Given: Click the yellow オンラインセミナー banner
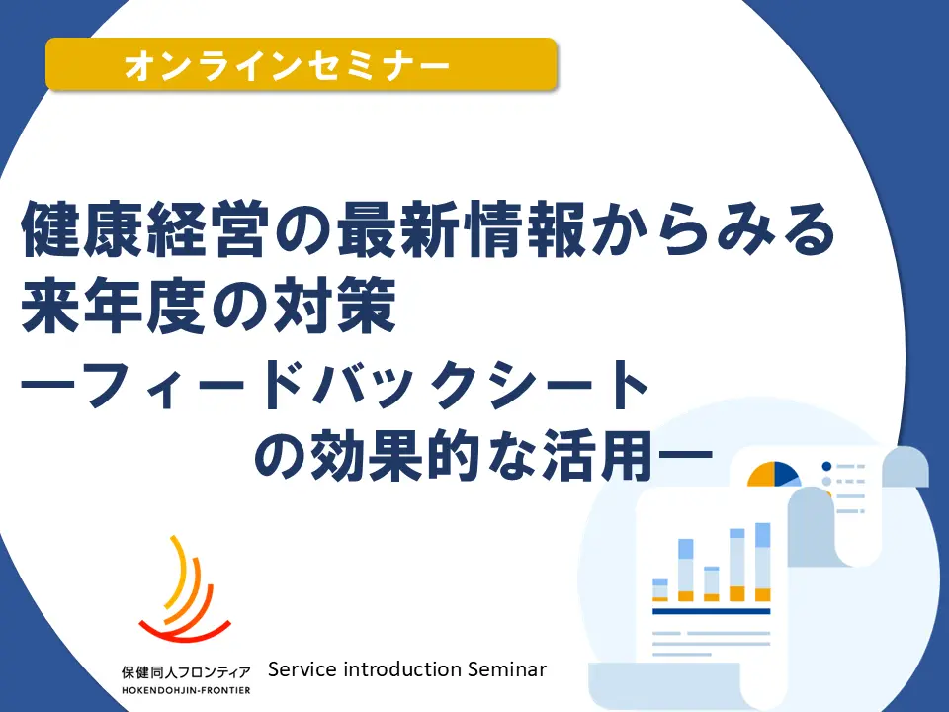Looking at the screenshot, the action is point(301,64).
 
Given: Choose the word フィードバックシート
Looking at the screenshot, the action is point(365,387).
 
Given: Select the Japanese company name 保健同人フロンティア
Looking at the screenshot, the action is point(186,672).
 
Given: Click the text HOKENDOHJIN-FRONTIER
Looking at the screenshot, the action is point(186,691).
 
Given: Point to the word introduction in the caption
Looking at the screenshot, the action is point(402,669).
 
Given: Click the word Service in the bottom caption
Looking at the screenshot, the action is point(302,669).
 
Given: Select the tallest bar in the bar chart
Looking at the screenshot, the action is point(762,562).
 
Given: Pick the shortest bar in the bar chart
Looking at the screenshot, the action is point(659,590).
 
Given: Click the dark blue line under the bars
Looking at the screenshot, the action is point(711,611).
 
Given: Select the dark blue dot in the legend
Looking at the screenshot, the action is point(826,466).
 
